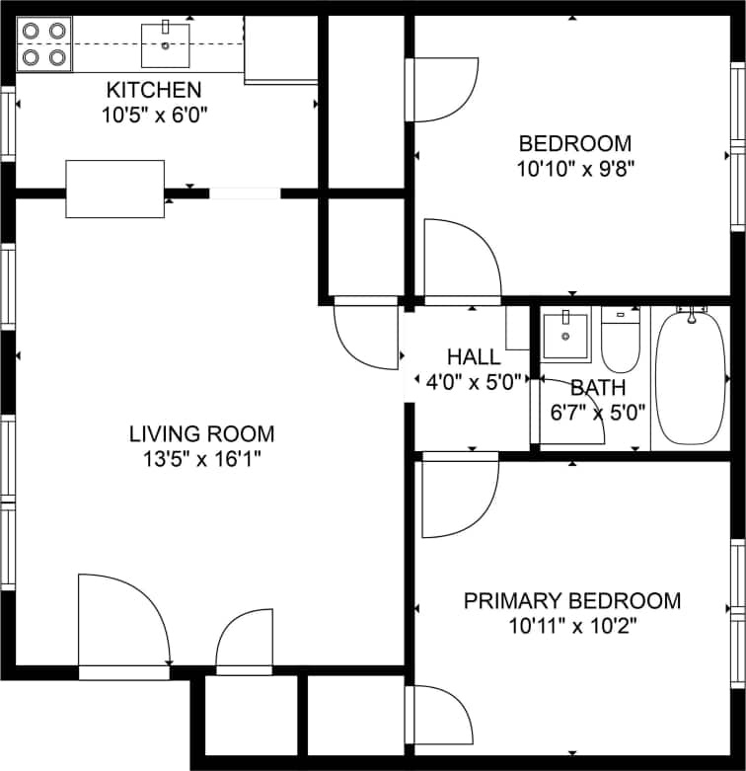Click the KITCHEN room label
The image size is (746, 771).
pos(154,90)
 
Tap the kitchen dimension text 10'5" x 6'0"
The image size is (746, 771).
pos(154,114)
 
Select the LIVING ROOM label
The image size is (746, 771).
pos(202,433)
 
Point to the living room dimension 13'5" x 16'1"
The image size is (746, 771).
pos(202,458)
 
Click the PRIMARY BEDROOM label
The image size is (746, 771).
pos(572,601)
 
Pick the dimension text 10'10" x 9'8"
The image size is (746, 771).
pos(574,168)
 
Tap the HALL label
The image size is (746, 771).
pos(474,357)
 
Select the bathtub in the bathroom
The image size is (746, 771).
pos(691,377)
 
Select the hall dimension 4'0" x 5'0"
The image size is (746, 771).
pos(474,382)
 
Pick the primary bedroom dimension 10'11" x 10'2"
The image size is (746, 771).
pos(572,626)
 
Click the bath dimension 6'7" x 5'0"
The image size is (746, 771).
pos(598,411)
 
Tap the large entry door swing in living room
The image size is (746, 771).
pos(123,620)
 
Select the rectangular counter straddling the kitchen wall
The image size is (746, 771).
pos(114,189)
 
